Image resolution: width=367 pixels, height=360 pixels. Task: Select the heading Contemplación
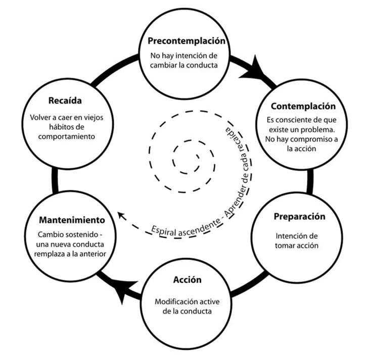(303, 107)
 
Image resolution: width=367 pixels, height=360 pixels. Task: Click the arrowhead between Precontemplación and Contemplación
(256, 71)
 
